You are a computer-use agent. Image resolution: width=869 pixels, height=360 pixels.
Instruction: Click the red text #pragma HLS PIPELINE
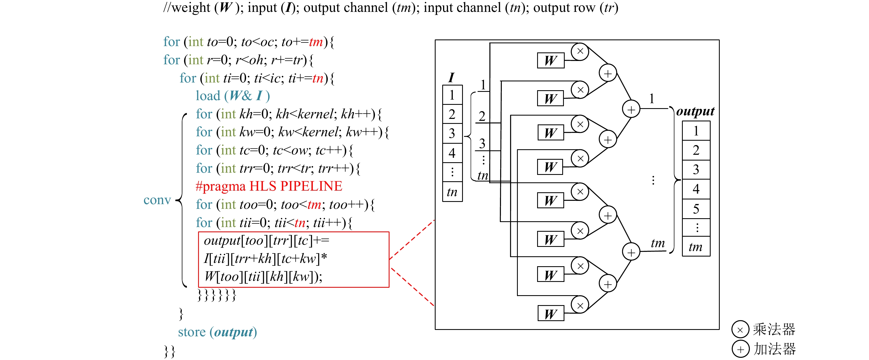(269, 186)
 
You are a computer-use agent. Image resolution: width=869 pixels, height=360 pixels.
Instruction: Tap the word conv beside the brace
(157, 200)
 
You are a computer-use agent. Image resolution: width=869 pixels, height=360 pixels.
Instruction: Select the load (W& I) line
(233, 96)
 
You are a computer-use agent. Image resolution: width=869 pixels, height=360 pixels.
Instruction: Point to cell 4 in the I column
(452, 153)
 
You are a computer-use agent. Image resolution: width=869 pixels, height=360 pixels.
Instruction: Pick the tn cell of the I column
(452, 192)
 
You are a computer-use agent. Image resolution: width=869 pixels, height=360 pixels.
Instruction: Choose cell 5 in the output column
(696, 209)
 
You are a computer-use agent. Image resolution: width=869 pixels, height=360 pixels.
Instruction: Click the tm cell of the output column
(696, 247)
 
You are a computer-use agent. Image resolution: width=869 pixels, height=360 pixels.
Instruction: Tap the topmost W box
(551, 61)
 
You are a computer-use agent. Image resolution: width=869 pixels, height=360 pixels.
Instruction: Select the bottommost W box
(551, 314)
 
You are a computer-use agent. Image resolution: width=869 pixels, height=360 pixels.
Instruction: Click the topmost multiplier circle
(580, 51)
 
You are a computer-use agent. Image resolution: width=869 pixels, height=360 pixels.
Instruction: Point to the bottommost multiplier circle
(580, 305)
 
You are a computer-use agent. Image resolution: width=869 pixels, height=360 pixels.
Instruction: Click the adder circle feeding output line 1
(631, 109)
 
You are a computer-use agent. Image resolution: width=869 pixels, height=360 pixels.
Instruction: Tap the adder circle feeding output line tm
(631, 252)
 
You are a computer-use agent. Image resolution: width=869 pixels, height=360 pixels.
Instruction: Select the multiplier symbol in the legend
(740, 330)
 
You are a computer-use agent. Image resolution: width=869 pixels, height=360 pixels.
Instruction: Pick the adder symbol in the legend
(740, 349)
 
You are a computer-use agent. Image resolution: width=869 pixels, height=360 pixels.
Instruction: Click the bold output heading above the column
(695, 111)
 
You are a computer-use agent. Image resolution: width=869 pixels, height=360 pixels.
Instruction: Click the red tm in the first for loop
(316, 42)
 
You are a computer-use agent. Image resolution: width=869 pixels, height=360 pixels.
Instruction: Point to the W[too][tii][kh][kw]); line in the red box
(263, 277)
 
